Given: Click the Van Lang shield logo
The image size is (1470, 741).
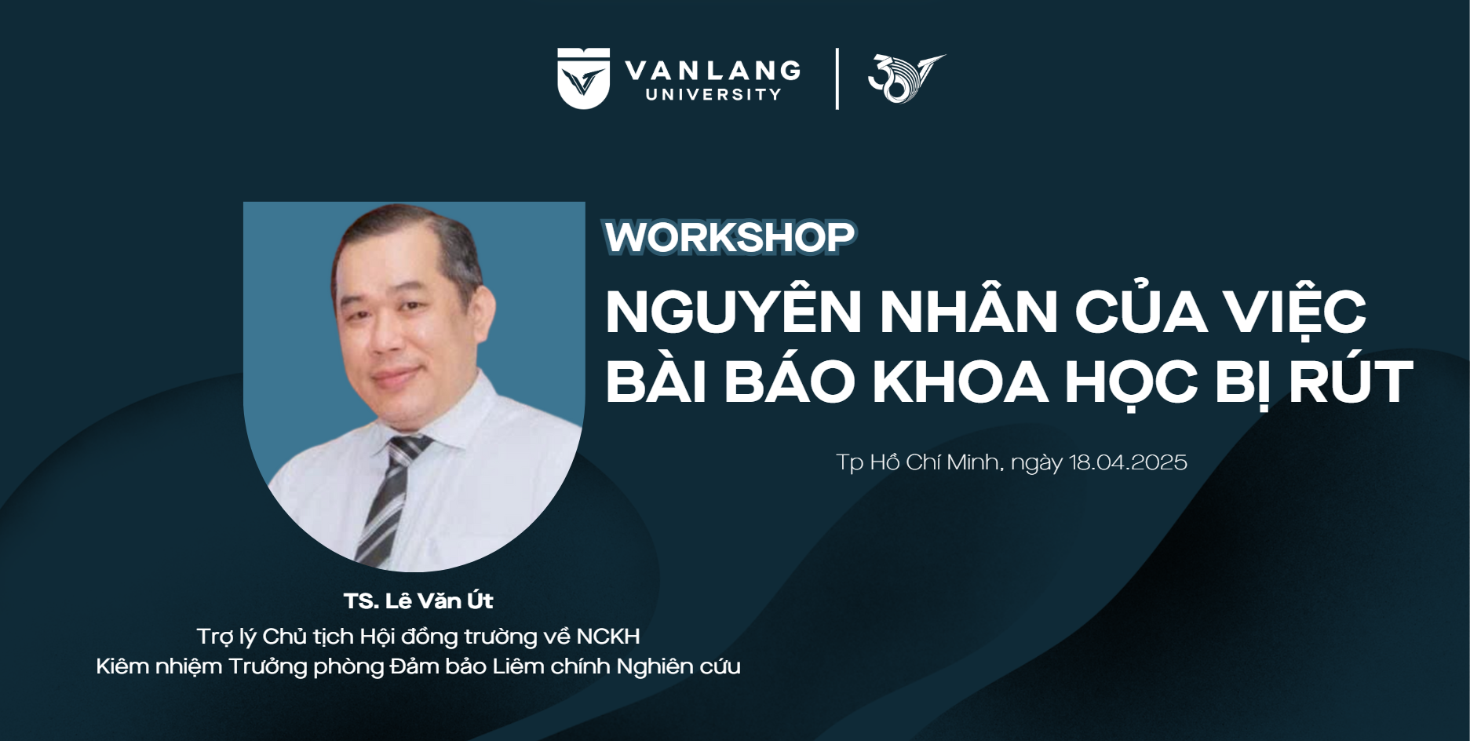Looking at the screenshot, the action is [583, 78].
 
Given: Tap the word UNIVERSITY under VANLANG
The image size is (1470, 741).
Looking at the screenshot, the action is [713, 95].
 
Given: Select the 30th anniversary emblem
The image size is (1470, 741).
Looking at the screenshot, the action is [906, 78].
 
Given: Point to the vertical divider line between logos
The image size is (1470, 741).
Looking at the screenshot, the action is [837, 78].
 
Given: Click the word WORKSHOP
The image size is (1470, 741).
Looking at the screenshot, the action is [729, 237].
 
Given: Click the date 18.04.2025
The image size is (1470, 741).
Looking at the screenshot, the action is [1128, 462].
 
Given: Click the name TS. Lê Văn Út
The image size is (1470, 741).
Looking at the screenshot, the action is [418, 600].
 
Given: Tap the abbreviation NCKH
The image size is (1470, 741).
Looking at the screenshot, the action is [608, 636].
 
